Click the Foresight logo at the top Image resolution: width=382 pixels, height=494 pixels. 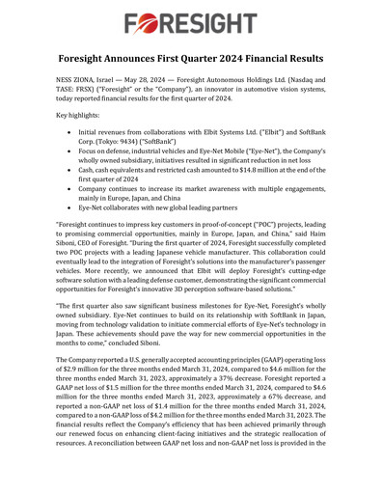click(191, 20)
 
